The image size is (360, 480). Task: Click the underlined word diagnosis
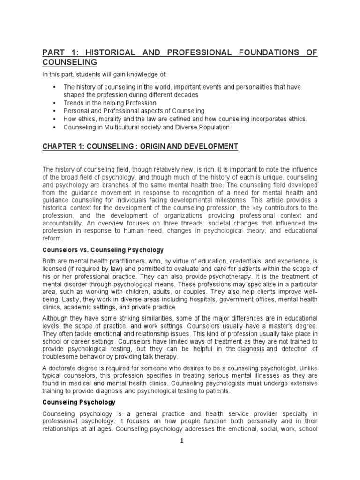pos(251,349)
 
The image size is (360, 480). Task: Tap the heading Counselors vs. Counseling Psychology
pos(103,250)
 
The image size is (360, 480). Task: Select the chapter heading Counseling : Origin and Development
pos(140,147)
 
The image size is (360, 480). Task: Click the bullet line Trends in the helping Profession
pos(110,103)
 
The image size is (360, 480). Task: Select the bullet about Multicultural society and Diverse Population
pos(147,127)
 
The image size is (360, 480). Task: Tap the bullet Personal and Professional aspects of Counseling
pos(134,111)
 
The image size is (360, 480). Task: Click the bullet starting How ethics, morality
pos(185,119)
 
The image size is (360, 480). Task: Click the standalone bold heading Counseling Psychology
pos(79,402)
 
